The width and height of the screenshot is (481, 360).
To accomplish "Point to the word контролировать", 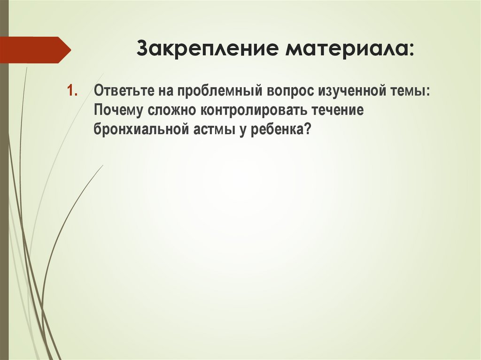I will pos(255,111).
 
